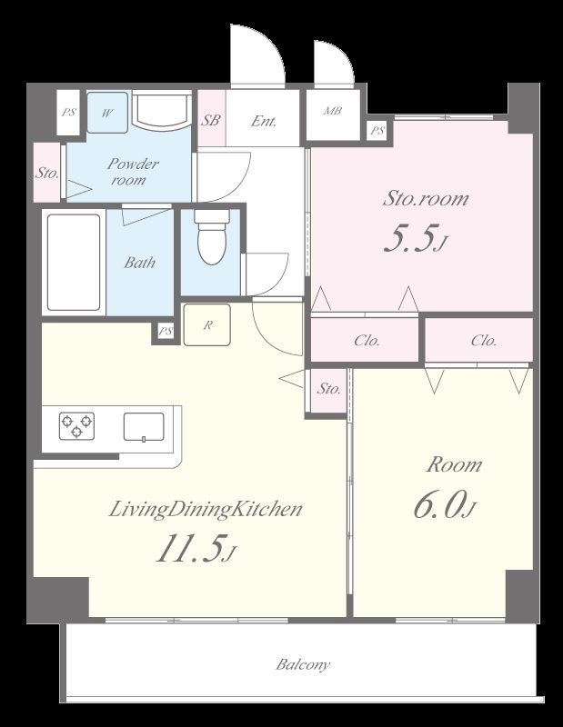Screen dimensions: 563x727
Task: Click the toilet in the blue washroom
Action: (x=212, y=237)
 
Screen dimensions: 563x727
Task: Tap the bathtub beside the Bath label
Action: (x=74, y=263)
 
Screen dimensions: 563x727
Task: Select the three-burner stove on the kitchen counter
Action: (x=76, y=425)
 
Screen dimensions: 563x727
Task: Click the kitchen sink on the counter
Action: (x=144, y=427)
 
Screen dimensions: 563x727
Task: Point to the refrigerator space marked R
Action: (x=207, y=325)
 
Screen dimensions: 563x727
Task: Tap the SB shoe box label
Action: (x=210, y=121)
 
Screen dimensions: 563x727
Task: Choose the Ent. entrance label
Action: (x=264, y=122)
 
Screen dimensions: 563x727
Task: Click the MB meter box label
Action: (x=332, y=111)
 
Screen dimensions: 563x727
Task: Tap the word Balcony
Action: (x=303, y=664)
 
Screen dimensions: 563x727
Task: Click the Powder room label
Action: (x=133, y=172)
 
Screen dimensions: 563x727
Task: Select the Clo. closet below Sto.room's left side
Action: (x=367, y=341)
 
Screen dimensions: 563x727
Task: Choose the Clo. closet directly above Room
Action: (x=483, y=341)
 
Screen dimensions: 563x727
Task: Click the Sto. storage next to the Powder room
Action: (x=47, y=173)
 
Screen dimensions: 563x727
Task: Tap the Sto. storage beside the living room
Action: (x=328, y=390)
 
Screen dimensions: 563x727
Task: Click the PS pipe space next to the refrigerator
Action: (x=166, y=332)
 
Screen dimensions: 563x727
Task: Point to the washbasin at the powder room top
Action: (x=162, y=110)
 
